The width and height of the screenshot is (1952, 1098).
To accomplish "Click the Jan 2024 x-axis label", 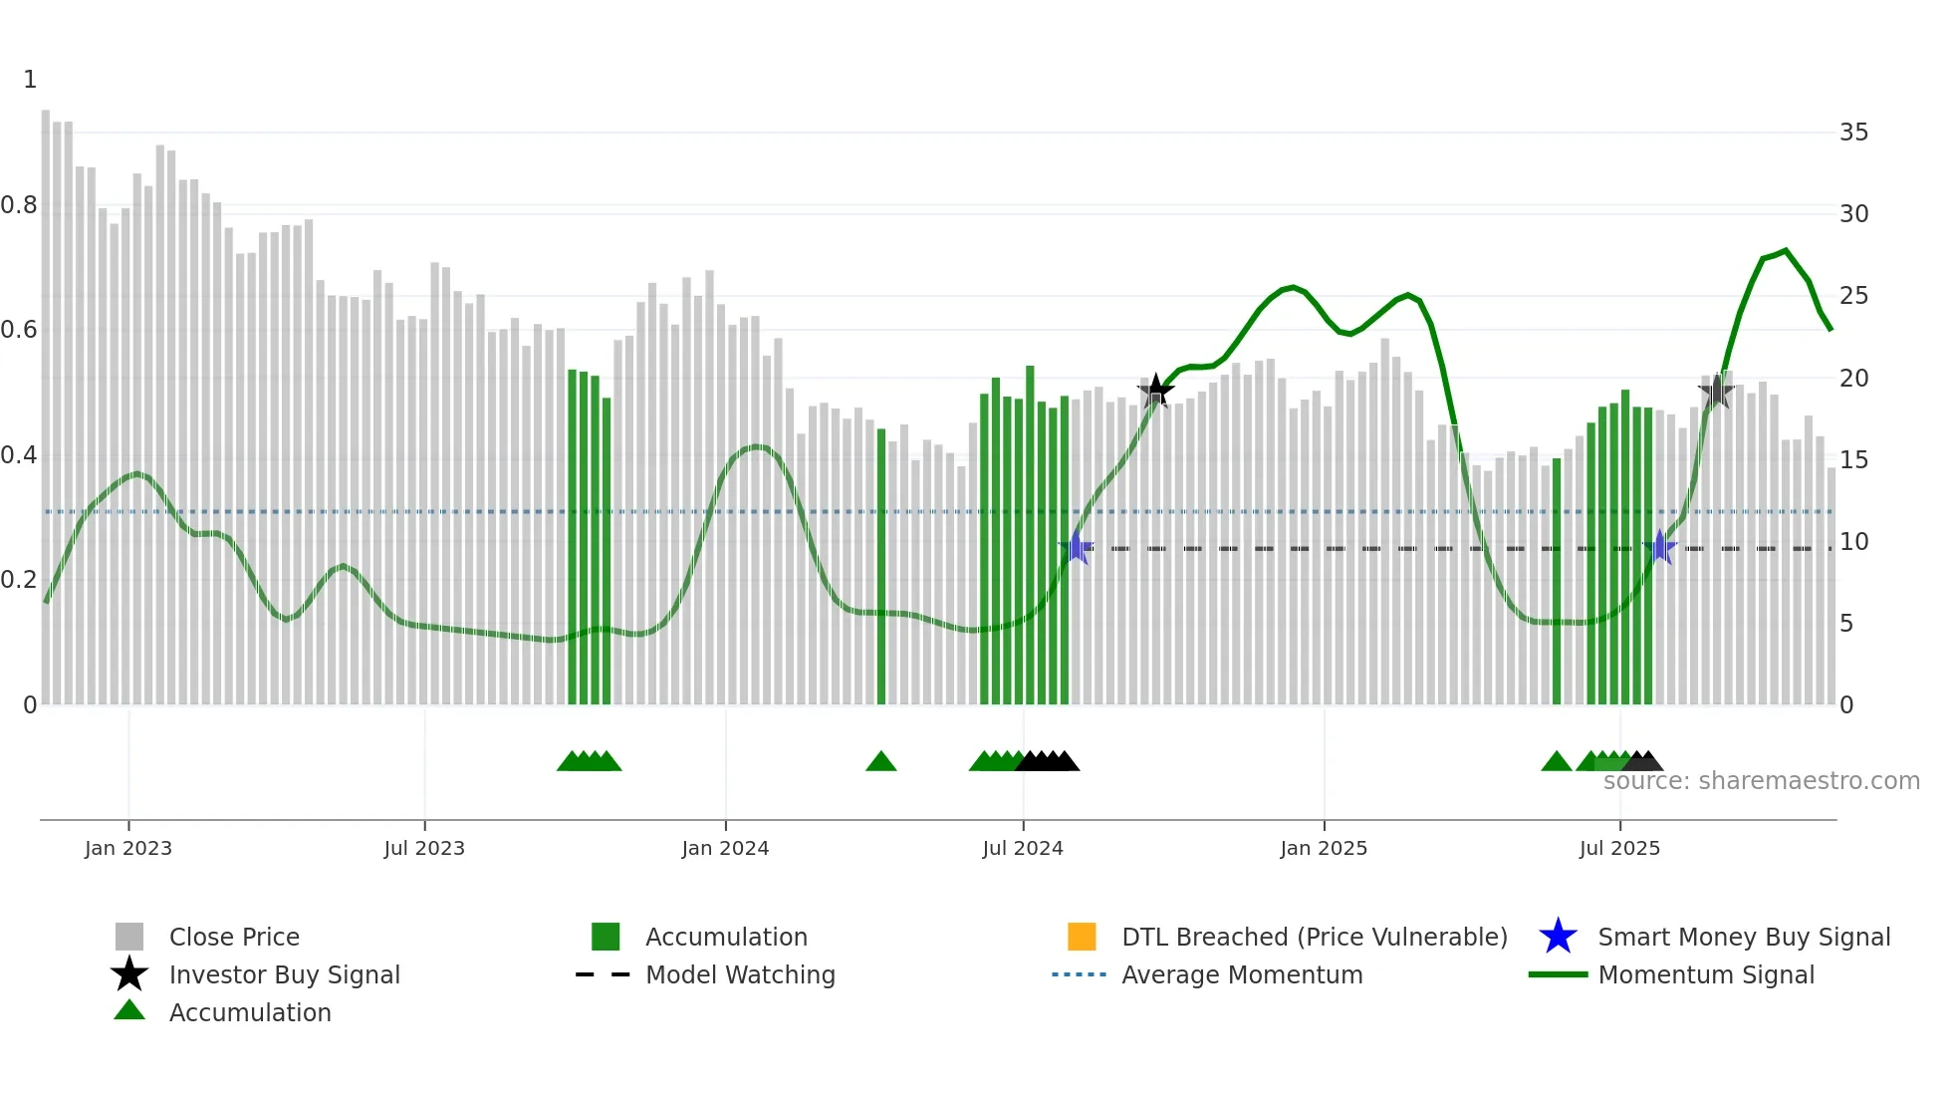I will [x=725, y=848].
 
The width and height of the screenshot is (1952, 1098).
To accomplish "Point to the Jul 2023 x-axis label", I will [x=424, y=848].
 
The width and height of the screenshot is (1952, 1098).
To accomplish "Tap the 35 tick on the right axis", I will [x=1853, y=133].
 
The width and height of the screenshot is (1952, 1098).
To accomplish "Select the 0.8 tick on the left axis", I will [x=19, y=205].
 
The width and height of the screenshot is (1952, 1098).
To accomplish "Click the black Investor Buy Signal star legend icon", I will [x=129, y=974].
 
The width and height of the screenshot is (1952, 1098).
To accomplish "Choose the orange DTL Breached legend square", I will [x=1082, y=937].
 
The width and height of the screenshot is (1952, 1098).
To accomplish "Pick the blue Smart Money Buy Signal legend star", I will [x=1558, y=937].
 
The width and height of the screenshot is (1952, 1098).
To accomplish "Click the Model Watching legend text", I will [x=740, y=974].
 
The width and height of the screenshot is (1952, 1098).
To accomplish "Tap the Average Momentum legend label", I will [x=1242, y=974].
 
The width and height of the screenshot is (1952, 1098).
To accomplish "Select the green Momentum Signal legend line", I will [x=1558, y=974].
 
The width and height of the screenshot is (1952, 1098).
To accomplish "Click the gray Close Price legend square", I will [x=129, y=937].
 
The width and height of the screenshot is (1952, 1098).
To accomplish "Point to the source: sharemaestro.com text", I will [x=1761, y=781].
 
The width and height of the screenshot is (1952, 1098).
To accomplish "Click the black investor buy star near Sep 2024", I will [x=1155, y=391].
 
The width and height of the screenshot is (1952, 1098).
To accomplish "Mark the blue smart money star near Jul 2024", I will [x=1077, y=548].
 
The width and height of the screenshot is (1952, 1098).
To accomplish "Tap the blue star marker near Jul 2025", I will [x=1660, y=548].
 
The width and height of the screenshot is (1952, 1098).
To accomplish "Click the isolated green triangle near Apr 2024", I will [x=881, y=762].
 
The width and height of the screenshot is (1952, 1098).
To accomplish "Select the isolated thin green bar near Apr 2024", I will [x=881, y=568].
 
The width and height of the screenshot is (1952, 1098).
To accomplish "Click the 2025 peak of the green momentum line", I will [x=1786, y=250].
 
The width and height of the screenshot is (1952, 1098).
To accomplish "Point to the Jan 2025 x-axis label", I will [x=1324, y=848].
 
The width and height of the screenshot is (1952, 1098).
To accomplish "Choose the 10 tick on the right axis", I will [x=1853, y=542].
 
